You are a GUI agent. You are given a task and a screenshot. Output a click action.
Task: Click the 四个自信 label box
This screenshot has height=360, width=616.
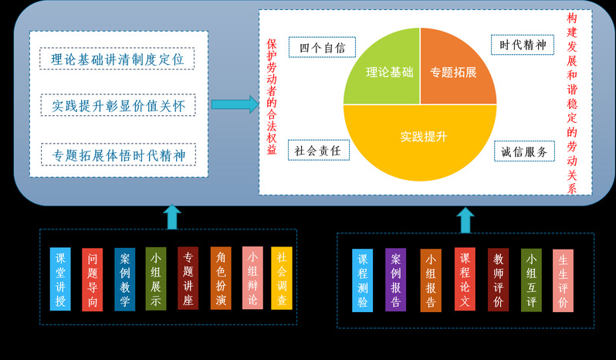click(x=322, y=47)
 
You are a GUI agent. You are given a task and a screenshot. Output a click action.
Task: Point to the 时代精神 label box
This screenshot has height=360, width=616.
click(x=523, y=45)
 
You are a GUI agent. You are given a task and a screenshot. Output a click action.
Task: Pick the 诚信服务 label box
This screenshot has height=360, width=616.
click(x=524, y=151)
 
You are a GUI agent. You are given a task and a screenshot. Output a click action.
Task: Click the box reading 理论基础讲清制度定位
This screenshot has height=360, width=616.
click(x=117, y=59)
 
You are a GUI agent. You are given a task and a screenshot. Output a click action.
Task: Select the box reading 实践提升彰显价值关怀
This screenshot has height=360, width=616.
click(x=118, y=105)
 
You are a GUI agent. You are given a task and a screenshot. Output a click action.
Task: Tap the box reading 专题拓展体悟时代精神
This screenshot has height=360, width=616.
click(x=118, y=155)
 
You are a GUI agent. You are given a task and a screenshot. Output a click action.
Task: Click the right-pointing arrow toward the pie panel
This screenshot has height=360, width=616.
click(x=234, y=104)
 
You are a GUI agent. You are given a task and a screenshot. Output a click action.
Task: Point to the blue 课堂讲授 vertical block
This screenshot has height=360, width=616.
click(x=60, y=279)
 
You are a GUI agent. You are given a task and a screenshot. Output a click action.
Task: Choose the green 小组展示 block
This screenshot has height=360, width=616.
click(x=156, y=279)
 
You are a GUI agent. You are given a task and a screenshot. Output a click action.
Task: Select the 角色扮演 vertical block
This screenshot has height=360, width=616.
click(x=221, y=278)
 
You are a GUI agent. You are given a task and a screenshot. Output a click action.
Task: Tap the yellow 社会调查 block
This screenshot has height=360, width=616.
click(x=282, y=278)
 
